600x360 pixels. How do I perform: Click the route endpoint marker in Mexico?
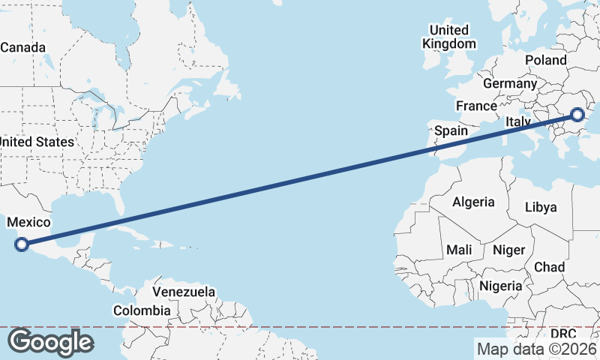point(22,243)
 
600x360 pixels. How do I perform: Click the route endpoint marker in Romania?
point(577,115)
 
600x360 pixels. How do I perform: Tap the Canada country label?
point(22,47)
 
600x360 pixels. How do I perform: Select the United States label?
point(37,142)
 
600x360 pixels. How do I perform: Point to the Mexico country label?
point(28,222)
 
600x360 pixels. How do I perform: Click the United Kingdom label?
point(448,37)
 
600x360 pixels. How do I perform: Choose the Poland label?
point(546,60)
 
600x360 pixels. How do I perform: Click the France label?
point(476,106)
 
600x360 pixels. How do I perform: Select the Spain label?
point(451,130)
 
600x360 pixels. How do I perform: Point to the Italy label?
point(518,121)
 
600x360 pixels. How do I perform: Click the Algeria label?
point(473,202)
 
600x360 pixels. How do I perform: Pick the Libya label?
point(541,207)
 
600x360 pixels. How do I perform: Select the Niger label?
point(509,250)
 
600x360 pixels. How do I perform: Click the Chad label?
point(549,267)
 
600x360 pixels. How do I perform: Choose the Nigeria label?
point(500,286)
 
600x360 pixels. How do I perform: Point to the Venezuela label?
point(184,292)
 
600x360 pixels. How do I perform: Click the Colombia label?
point(142,310)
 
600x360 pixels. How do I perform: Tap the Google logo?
point(50,342)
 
